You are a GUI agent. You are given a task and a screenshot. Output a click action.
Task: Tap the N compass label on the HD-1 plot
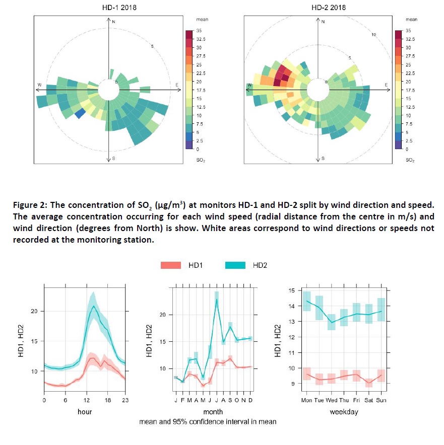click(x=113, y=22)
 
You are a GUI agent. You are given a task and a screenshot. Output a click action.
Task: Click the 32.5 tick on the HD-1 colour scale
click(x=200, y=39)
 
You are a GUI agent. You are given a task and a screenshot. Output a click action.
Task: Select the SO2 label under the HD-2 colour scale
click(x=410, y=160)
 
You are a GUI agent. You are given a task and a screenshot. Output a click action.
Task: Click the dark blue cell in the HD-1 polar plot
click(x=79, y=114)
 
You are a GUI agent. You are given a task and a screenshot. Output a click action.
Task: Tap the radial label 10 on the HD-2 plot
click(x=373, y=35)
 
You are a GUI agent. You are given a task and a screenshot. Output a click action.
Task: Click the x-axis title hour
click(x=85, y=411)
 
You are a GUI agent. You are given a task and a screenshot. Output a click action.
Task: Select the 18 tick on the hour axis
click(x=107, y=401)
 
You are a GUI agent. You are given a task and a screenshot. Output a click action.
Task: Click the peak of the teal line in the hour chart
click(x=93, y=306)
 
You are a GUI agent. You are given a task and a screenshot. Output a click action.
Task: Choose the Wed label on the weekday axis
click(x=331, y=401)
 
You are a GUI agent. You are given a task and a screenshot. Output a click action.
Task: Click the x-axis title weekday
click(x=344, y=411)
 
